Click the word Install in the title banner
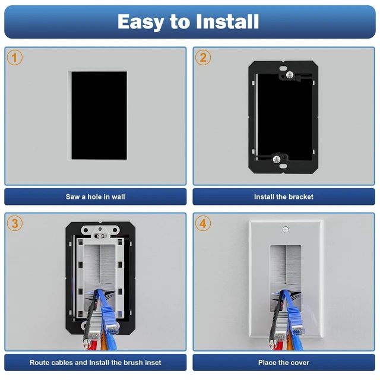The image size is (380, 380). coord(227,21)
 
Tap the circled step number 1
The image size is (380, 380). coord(14,58)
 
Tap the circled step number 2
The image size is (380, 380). coord(203,58)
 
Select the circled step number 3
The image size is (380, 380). coord(14,223)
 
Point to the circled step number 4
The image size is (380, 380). coord(203,223)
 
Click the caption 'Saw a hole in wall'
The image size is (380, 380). coord(95,197)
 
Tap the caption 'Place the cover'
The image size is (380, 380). coord(284,363)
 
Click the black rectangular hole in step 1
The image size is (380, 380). coord(99,116)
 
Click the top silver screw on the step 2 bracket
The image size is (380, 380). coord(290,75)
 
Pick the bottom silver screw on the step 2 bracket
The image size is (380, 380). coord(277,159)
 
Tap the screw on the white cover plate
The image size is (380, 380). coord(286,229)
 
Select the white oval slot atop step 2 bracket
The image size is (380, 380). coord(283,69)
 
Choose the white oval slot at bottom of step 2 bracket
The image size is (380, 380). coord(283,166)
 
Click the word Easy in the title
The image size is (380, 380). coord(141,23)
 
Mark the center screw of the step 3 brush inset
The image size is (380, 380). coord(100,236)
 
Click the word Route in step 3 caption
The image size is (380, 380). coord(40,363)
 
